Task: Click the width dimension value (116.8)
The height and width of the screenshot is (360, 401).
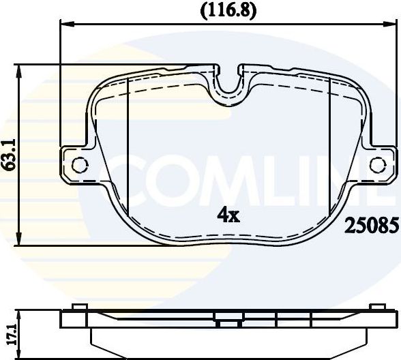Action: (x=228, y=10)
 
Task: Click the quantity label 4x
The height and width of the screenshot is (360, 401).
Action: (x=228, y=215)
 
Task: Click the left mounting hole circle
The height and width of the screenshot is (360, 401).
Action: (x=80, y=164)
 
